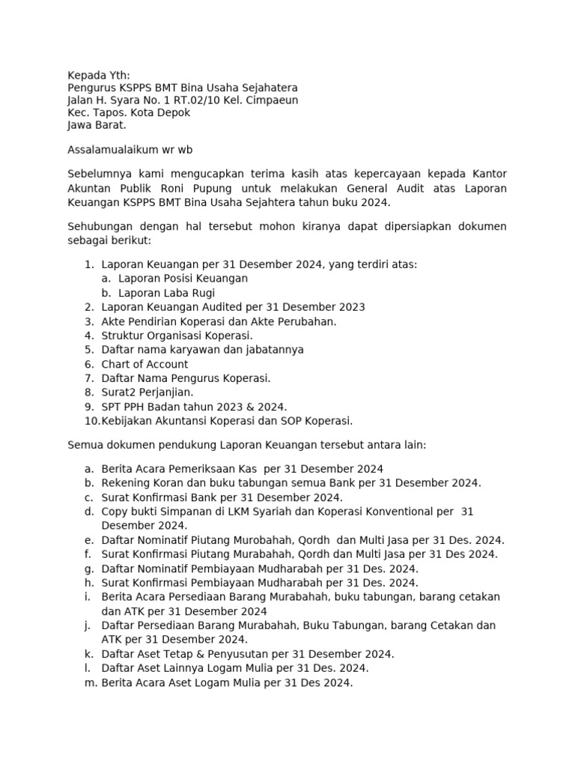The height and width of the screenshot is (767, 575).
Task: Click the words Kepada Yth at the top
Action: (98, 75)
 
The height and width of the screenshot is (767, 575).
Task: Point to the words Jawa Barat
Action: (97, 125)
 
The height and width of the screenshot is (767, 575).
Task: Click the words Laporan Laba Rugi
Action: (166, 292)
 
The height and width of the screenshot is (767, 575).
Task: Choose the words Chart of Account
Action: (144, 364)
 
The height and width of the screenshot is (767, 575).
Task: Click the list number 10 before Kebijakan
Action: (91, 421)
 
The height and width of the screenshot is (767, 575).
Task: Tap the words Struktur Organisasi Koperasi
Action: (177, 336)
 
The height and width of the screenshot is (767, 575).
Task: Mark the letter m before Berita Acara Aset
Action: (90, 683)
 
